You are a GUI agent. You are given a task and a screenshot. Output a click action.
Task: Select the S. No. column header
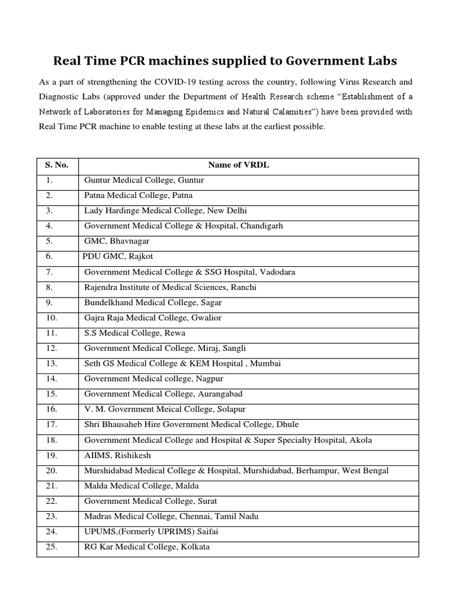(57, 165)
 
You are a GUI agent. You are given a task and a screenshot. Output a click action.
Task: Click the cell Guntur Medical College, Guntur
(144, 180)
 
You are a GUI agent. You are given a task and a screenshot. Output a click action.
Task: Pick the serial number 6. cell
(49, 257)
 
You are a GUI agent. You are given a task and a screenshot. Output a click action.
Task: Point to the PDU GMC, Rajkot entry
(118, 257)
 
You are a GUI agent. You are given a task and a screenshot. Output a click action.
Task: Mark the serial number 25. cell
(51, 547)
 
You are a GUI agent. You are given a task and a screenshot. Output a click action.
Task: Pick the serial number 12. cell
(51, 349)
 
